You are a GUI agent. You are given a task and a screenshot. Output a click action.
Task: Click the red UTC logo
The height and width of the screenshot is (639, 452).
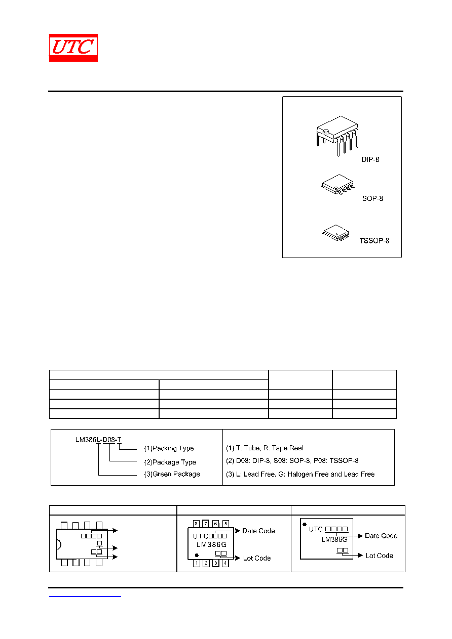pyautogui.click(x=73, y=48)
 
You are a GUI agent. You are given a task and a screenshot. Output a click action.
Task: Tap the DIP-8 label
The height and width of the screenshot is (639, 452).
pyautogui.click(x=370, y=159)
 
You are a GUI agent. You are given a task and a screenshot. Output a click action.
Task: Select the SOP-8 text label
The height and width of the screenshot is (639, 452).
pyautogui.click(x=372, y=198)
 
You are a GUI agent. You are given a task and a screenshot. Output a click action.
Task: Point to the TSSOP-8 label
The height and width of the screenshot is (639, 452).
pyautogui.click(x=374, y=241)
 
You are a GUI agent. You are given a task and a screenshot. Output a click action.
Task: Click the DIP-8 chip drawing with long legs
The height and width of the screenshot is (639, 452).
pyautogui.click(x=337, y=136)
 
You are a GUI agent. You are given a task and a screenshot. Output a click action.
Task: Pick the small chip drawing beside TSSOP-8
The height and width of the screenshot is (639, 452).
pyautogui.click(x=336, y=233)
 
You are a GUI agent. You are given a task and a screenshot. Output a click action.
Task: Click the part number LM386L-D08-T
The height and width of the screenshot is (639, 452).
pyautogui.click(x=98, y=439)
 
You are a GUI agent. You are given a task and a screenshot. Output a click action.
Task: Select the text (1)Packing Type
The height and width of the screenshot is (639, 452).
pyautogui.click(x=169, y=448)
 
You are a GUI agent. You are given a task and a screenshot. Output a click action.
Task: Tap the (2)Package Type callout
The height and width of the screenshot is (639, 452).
pyautogui.click(x=170, y=462)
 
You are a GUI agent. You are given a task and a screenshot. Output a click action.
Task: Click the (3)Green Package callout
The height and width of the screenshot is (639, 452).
pyautogui.click(x=172, y=474)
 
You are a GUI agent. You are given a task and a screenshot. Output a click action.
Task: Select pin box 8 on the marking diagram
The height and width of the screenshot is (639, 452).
pyautogui.click(x=196, y=524)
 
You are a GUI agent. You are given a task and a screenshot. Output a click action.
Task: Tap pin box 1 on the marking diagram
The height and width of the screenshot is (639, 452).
pyautogui.click(x=197, y=563)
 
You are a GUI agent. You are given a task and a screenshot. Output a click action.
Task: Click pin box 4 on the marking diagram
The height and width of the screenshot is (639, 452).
pyautogui.click(x=225, y=563)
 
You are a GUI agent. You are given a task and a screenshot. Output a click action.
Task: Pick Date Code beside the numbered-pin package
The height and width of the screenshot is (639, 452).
pyautogui.click(x=258, y=531)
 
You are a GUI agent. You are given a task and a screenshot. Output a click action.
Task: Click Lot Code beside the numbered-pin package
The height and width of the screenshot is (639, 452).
pyautogui.click(x=257, y=558)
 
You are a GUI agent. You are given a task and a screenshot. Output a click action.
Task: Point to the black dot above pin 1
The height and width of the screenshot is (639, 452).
pyautogui.click(x=197, y=555)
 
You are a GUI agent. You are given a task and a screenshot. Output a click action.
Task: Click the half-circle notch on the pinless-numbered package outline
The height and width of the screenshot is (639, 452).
pyautogui.click(x=59, y=544)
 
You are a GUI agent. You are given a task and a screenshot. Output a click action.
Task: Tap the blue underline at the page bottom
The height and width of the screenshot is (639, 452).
pyautogui.click(x=85, y=596)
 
